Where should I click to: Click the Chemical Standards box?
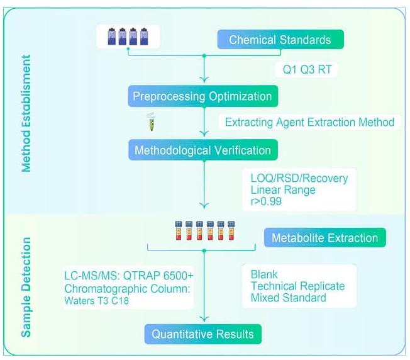click(280, 40)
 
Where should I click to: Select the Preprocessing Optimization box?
click(202, 97)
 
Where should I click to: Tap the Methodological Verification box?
click(202, 150)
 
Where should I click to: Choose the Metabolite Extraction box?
click(324, 238)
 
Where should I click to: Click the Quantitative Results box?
click(202, 334)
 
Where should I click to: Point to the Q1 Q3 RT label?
click(307, 69)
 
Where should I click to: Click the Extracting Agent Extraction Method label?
click(309, 122)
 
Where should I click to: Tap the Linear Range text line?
click(284, 190)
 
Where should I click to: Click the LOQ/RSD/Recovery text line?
click(299, 178)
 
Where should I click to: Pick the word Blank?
click(264, 274)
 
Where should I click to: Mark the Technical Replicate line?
click(297, 286)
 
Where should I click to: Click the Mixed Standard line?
click(288, 297)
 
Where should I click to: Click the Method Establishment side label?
click(26, 113)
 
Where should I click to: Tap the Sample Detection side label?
click(26, 287)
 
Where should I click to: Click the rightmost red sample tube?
click(231, 230)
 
